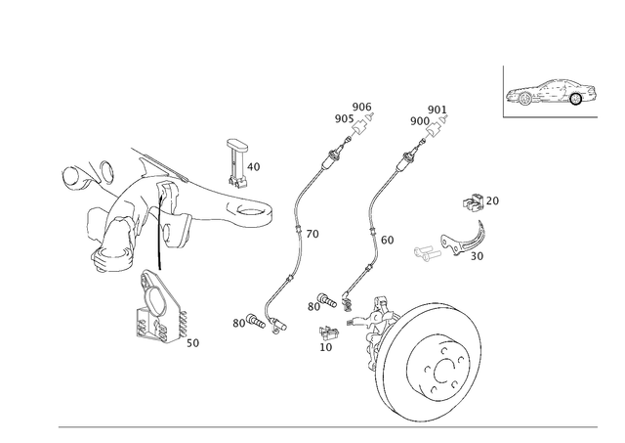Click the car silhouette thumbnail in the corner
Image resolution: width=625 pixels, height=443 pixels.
tap(552, 94)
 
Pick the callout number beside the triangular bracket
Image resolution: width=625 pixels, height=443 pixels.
tap(193, 342)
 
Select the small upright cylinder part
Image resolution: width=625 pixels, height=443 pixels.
tap(237, 161)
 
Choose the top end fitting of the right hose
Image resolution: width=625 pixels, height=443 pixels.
tap(436, 115)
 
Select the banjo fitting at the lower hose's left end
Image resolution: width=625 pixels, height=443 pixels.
tap(244, 320)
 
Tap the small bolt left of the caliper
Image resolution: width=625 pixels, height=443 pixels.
tap(328, 337)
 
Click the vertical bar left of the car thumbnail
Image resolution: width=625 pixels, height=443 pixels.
tap(504, 90)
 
